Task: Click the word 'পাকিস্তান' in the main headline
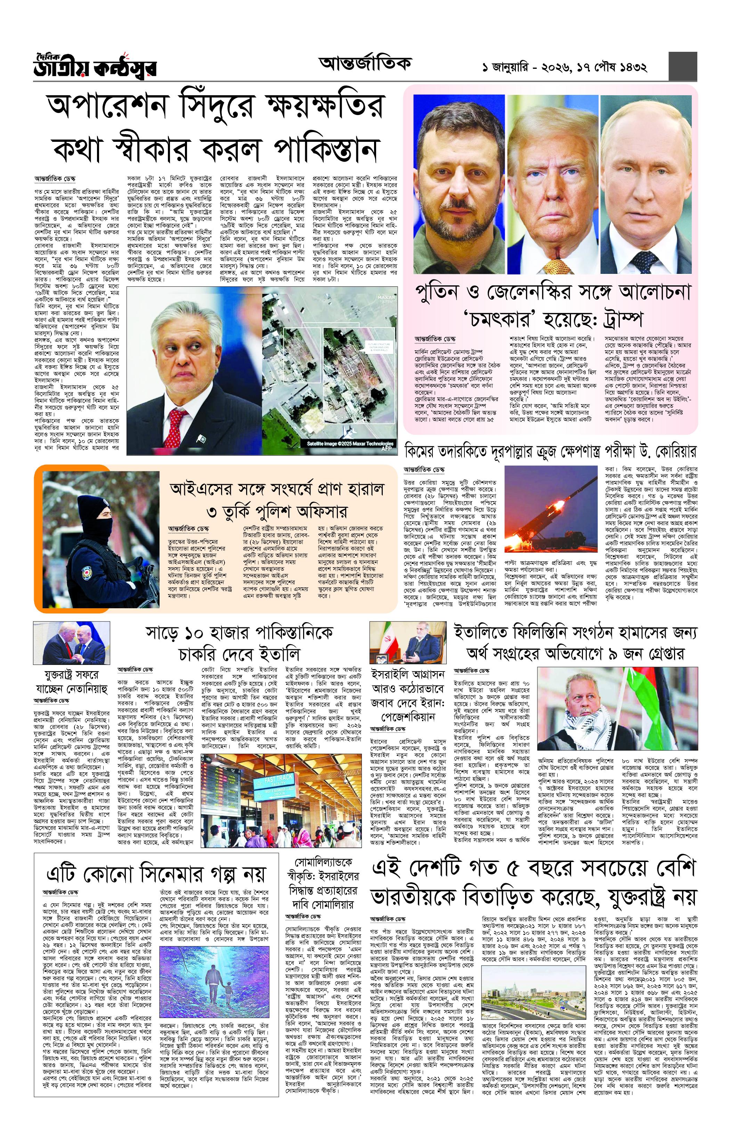coord(326,149)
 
